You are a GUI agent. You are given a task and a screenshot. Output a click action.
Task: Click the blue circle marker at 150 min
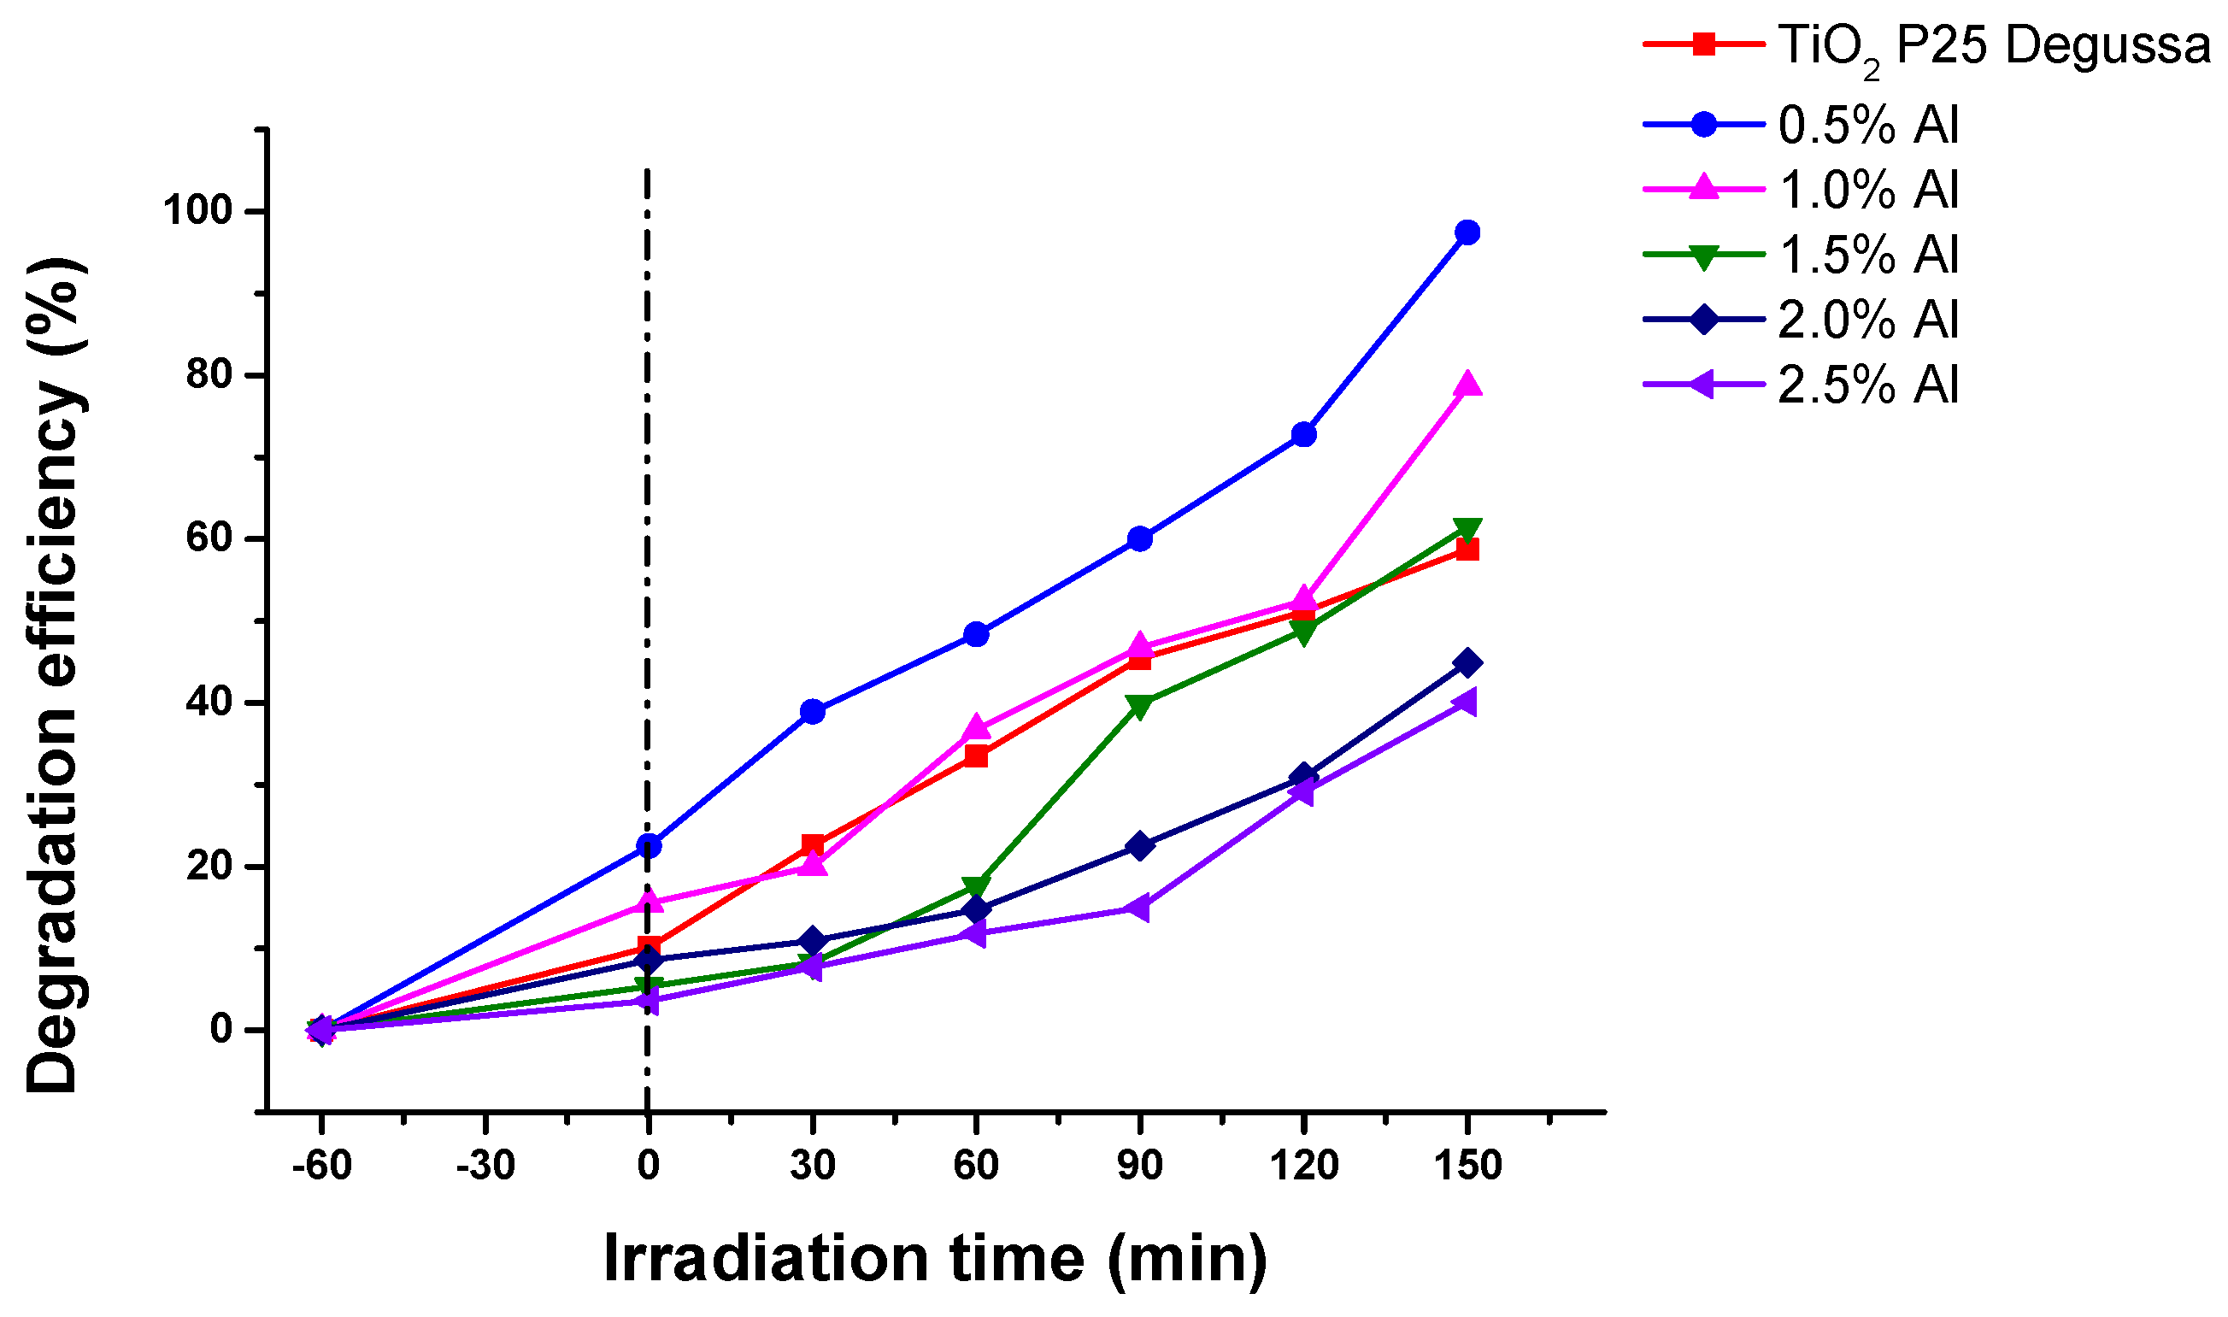pyautogui.click(x=1467, y=232)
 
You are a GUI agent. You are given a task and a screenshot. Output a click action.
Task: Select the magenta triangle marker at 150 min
pyautogui.click(x=1467, y=385)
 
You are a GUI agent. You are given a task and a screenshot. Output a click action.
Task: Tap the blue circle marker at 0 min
pyautogui.click(x=649, y=846)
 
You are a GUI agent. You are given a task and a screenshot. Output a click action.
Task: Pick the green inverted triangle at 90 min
pyautogui.click(x=1140, y=707)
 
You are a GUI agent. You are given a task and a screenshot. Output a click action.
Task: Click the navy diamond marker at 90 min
pyautogui.click(x=1140, y=846)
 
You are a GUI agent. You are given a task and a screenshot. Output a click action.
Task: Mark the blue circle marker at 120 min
pyautogui.click(x=1304, y=435)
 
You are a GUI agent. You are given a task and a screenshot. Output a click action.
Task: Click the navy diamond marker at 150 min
pyautogui.click(x=1467, y=663)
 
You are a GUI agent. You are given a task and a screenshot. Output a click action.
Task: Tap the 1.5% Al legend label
pyautogui.click(x=1867, y=255)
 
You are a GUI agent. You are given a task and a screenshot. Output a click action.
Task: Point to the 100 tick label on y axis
pyautogui.click(x=196, y=211)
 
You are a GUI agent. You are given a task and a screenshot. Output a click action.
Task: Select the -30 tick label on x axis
pyautogui.click(x=485, y=1165)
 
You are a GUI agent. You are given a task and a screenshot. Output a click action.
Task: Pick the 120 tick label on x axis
pyautogui.click(x=1304, y=1165)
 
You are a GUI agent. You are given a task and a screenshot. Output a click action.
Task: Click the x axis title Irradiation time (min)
pyautogui.click(x=935, y=1258)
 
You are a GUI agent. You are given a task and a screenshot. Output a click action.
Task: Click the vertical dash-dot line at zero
pyautogui.click(x=648, y=532)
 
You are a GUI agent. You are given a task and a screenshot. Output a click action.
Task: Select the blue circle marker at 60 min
pyautogui.click(x=976, y=634)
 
